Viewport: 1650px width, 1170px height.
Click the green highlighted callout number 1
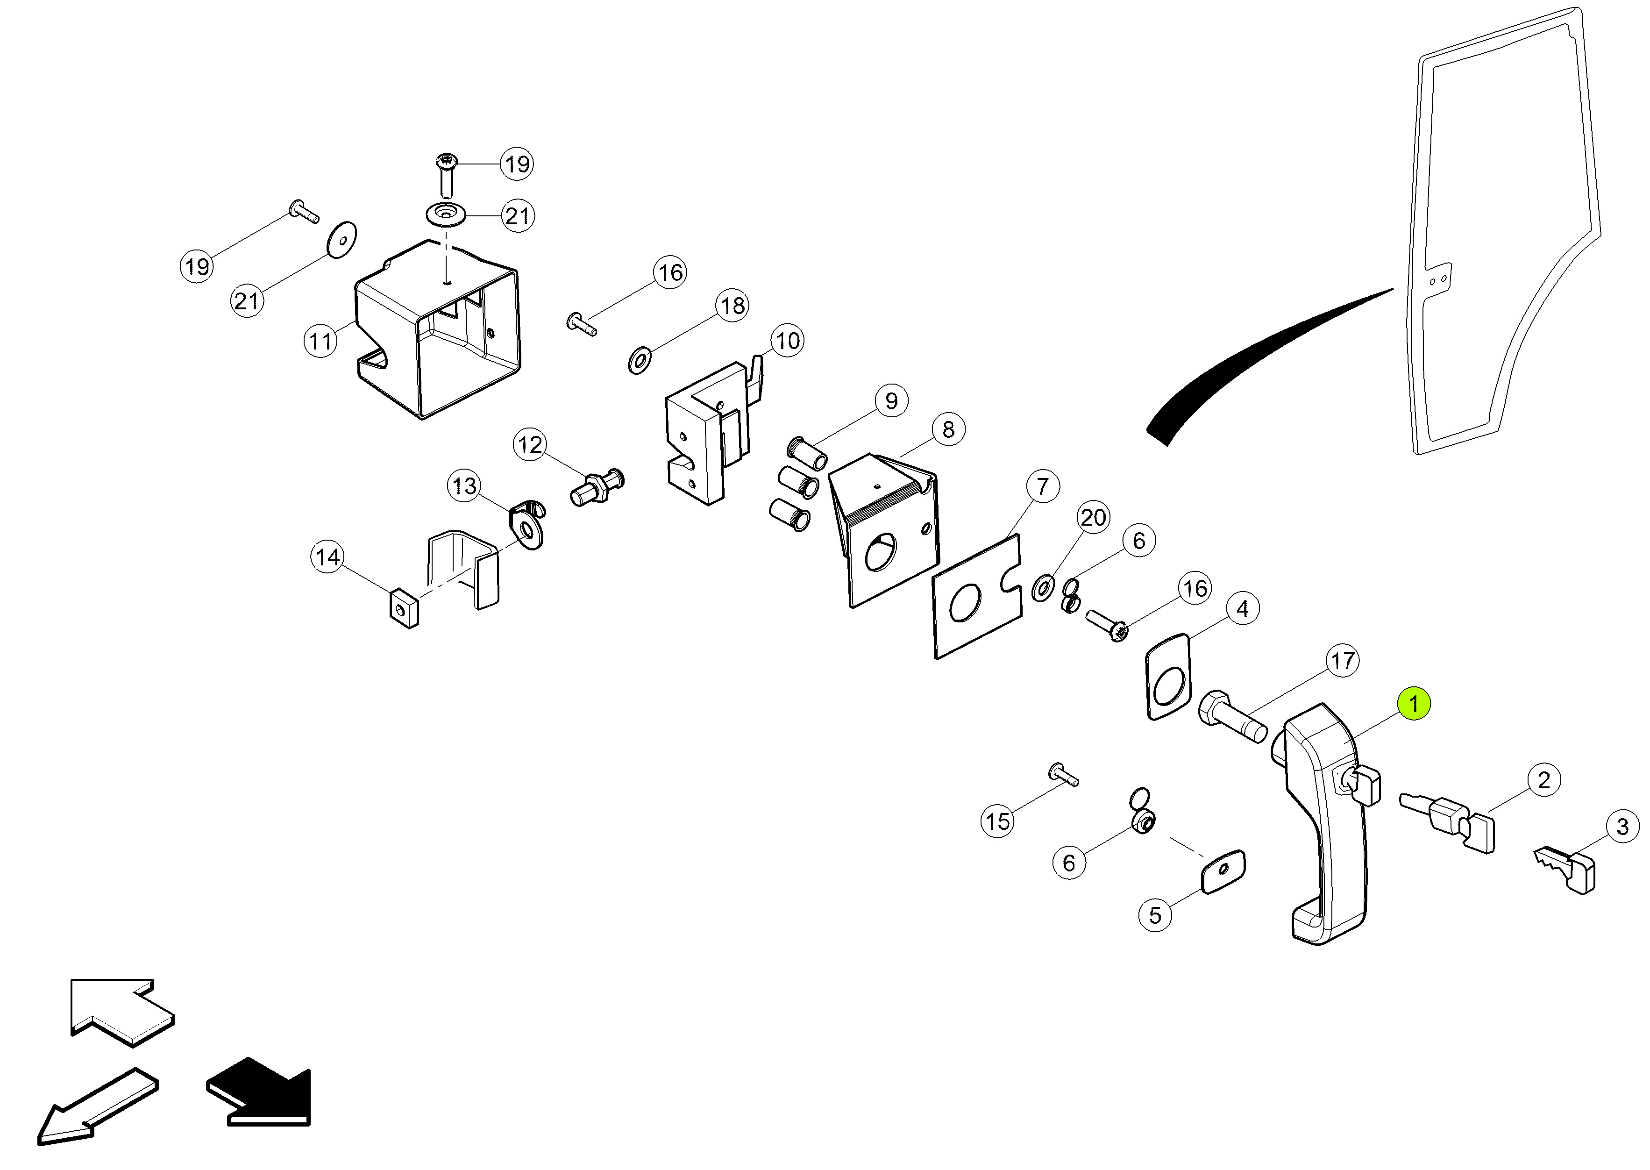(x=1413, y=703)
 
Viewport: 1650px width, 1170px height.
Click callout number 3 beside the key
(x=1622, y=827)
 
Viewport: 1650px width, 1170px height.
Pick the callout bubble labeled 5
(x=1155, y=915)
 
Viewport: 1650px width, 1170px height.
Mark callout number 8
(x=948, y=429)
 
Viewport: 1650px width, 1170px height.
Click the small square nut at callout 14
(x=404, y=609)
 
